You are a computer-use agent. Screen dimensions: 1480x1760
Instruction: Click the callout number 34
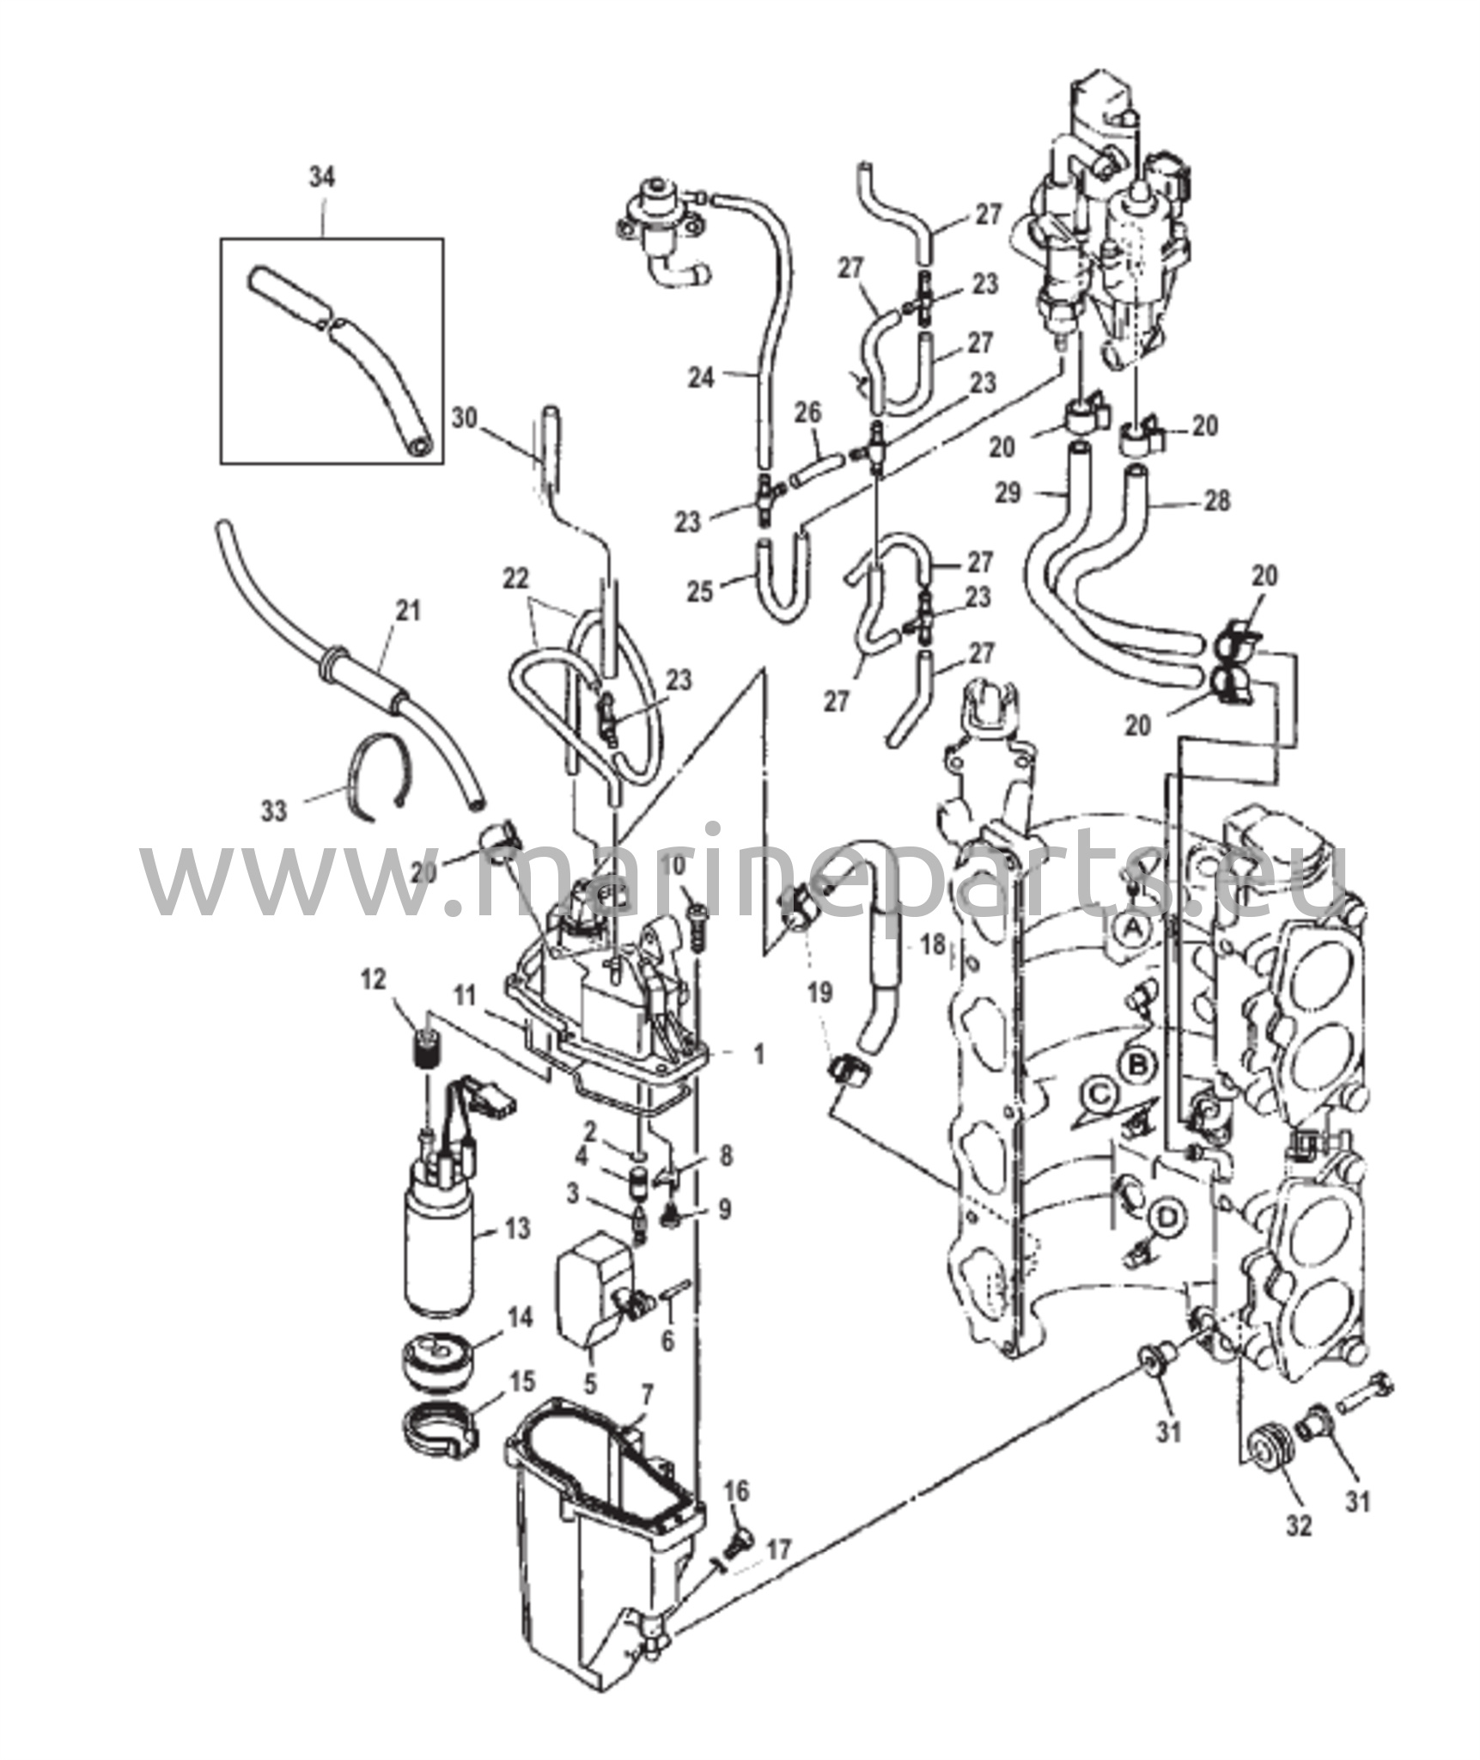(322, 178)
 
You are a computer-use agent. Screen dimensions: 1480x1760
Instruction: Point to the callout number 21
(409, 612)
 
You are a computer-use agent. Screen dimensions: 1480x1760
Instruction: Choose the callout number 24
(701, 377)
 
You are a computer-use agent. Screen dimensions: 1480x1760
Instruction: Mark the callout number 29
(1008, 494)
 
